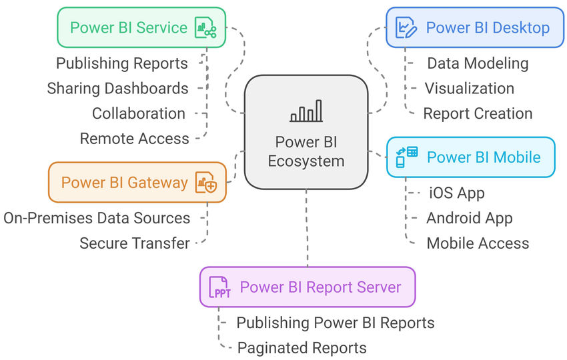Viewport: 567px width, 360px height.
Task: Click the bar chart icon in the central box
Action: [306, 111]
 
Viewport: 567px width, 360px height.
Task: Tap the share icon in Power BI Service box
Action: [205, 28]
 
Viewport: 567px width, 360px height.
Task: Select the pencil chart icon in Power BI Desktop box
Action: [406, 28]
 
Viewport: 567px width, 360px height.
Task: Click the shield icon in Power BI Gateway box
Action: [205, 182]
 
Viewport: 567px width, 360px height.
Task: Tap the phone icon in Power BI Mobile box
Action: [407, 157]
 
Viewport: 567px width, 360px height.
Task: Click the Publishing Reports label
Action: [122, 63]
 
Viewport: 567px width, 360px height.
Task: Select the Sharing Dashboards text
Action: [117, 88]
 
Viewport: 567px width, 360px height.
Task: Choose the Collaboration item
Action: [139, 113]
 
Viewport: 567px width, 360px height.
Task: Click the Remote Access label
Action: [135, 139]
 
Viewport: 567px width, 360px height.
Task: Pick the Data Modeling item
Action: [478, 63]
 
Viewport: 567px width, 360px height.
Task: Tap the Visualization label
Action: [470, 88]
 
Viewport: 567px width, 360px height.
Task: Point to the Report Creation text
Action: [478, 113]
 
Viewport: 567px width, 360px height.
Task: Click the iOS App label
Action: [457, 193]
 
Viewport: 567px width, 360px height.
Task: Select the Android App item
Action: [470, 218]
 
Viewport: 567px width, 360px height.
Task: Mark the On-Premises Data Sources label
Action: [97, 218]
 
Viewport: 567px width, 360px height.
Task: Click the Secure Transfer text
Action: [135, 243]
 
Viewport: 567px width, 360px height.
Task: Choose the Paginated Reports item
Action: [302, 348]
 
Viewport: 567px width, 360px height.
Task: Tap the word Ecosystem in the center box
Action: [306, 161]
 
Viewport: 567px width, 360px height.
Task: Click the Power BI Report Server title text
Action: [321, 287]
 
